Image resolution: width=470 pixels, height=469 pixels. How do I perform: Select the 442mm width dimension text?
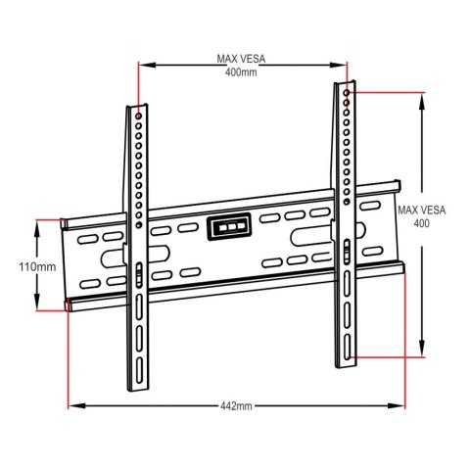click(x=236, y=405)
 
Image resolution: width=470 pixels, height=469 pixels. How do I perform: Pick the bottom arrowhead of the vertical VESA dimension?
click(x=422, y=357)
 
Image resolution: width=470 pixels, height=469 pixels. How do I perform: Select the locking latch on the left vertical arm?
click(x=138, y=274)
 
